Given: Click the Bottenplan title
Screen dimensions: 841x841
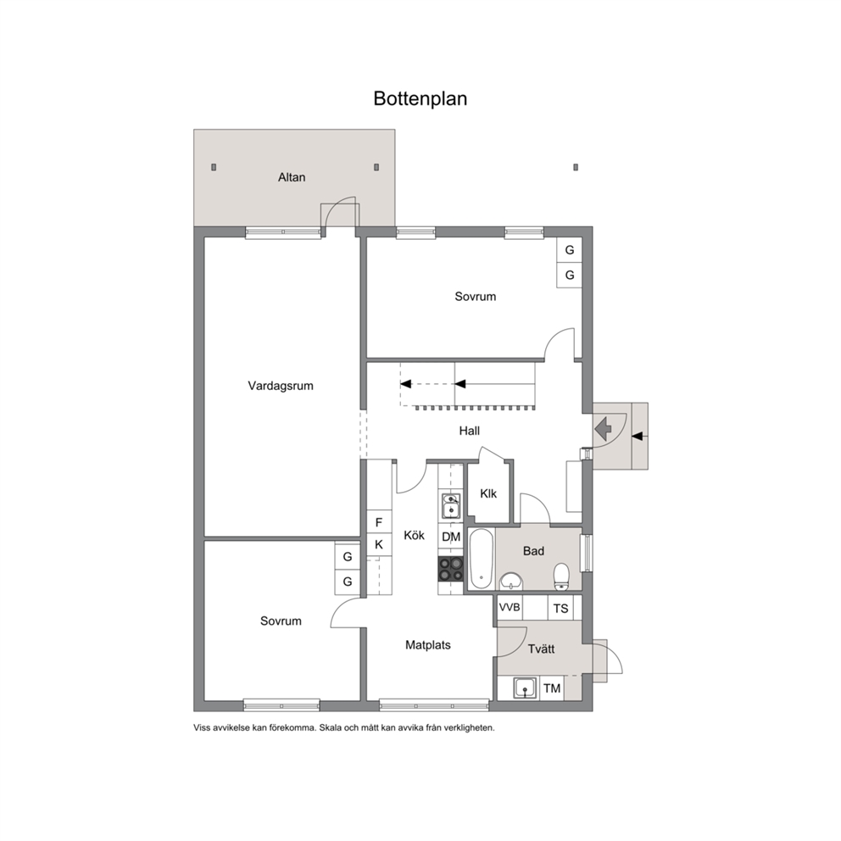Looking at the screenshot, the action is pyautogui.click(x=420, y=98).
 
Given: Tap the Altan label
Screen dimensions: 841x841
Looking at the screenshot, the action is pyautogui.click(x=292, y=177).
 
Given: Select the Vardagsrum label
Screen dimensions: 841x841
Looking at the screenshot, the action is pyautogui.click(x=281, y=386).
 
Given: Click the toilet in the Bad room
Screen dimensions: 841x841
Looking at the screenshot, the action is pyautogui.click(x=561, y=576).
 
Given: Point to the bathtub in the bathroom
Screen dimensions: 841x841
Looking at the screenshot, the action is pyautogui.click(x=481, y=560).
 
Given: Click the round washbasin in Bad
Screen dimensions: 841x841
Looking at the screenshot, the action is pyautogui.click(x=511, y=582).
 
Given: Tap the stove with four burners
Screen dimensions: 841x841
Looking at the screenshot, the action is pyautogui.click(x=450, y=569).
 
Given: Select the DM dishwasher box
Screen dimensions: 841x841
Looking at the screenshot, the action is pyautogui.click(x=451, y=537).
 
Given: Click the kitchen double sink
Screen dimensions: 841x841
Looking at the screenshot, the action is pyautogui.click(x=450, y=506).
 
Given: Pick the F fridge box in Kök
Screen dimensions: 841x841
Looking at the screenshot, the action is pyautogui.click(x=379, y=522).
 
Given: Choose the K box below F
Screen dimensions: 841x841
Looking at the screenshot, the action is pyautogui.click(x=379, y=544).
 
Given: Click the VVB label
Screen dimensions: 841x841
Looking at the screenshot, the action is pyautogui.click(x=510, y=607).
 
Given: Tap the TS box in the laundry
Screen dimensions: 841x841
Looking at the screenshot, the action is pyautogui.click(x=560, y=608).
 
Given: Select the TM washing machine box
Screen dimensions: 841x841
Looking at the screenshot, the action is pyautogui.click(x=552, y=688).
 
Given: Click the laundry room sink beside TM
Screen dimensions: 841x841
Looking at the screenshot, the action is pyautogui.click(x=525, y=688).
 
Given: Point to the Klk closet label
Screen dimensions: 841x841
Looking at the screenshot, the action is pyautogui.click(x=488, y=493).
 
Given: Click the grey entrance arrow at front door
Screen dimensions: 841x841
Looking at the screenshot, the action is pyautogui.click(x=604, y=429).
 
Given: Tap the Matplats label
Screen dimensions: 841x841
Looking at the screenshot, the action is pyautogui.click(x=428, y=644).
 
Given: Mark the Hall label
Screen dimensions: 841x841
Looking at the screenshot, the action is pyautogui.click(x=470, y=431).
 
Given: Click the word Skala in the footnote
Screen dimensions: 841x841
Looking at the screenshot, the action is pyautogui.click(x=330, y=728).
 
